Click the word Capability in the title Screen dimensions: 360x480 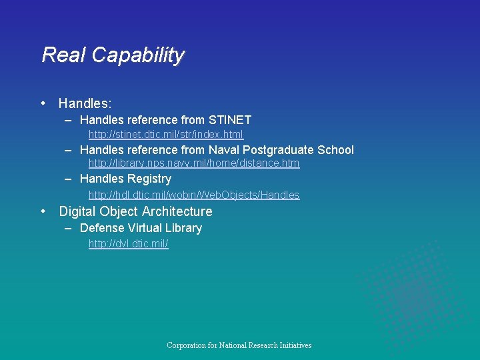[x=138, y=55]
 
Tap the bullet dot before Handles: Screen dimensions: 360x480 [x=43, y=103]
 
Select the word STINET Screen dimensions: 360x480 [x=230, y=120]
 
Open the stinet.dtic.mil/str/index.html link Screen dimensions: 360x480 [x=166, y=135]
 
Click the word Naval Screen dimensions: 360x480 [x=223, y=150]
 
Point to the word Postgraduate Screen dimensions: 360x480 [x=279, y=150]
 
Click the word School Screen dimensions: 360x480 [x=336, y=150]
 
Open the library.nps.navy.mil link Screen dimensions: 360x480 [x=194, y=163]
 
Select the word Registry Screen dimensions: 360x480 [x=149, y=179]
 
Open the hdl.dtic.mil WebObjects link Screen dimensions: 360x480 [x=194, y=195]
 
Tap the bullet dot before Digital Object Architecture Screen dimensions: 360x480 [x=43, y=211]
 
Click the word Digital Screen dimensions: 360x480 [x=77, y=211]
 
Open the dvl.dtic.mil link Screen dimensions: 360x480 [x=129, y=244]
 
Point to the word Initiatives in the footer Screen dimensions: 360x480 [x=292, y=345]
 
